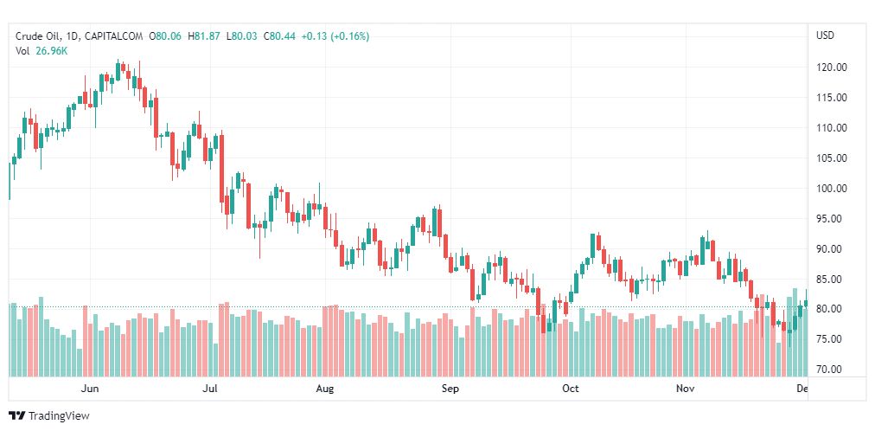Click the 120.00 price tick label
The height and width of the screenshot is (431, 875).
[832, 68]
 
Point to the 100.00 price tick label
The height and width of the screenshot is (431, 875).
[832, 189]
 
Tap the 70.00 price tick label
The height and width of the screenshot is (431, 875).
[832, 370]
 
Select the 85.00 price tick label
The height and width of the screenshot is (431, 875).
[832, 280]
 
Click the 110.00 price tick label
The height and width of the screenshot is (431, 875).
[832, 128]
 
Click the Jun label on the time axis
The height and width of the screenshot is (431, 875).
[90, 389]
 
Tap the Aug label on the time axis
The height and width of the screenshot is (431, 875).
[325, 389]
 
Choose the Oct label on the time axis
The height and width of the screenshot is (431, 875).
[570, 389]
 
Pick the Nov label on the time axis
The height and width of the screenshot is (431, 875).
[686, 389]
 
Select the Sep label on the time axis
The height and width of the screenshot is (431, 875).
[450, 389]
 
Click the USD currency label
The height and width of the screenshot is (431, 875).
[825, 35]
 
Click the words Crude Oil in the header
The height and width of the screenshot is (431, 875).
[37, 36]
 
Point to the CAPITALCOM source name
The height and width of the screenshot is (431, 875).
[114, 36]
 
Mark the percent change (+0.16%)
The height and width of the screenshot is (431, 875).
[348, 36]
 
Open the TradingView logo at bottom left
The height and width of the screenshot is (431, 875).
[49, 415]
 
